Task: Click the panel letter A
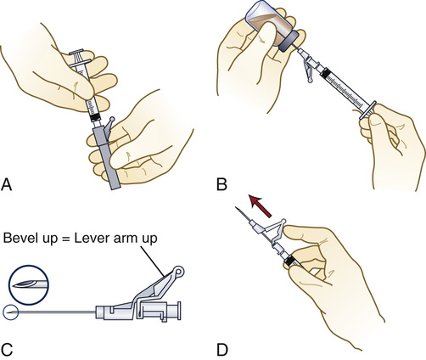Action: [7, 184]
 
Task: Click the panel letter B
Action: [221, 184]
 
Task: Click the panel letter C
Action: [7, 350]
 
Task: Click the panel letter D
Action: [222, 350]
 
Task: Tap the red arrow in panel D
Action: [260, 205]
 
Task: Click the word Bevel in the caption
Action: [20, 238]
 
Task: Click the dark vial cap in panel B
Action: [289, 42]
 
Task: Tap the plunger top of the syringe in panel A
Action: [76, 52]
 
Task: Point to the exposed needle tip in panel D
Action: [236, 208]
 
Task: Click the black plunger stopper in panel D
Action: [289, 261]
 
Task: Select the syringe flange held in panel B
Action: [367, 110]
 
